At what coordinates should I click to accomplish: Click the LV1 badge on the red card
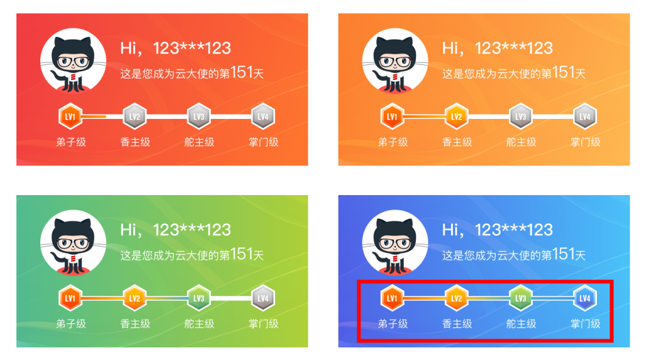coord(70,116)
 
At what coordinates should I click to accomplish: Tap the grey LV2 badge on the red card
coord(135,116)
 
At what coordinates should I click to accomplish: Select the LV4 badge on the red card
coord(263,116)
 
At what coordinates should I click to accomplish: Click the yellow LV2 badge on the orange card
coord(457,116)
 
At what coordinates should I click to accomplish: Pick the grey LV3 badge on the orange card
coord(521,116)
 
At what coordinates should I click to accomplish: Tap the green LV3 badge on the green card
coord(199,298)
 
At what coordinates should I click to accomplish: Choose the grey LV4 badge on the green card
coord(263,298)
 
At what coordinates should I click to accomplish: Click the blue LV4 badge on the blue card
coord(585,298)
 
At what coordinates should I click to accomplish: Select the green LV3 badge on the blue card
coord(521,298)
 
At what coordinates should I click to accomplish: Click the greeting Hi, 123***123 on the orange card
coord(497,48)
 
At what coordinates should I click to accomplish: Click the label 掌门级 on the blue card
coord(585,324)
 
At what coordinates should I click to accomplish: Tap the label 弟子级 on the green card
coord(70,324)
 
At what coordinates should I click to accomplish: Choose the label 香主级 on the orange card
coord(457,142)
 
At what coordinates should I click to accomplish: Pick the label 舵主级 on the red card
coord(199,142)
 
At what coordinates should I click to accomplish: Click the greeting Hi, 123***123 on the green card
coord(175,230)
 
